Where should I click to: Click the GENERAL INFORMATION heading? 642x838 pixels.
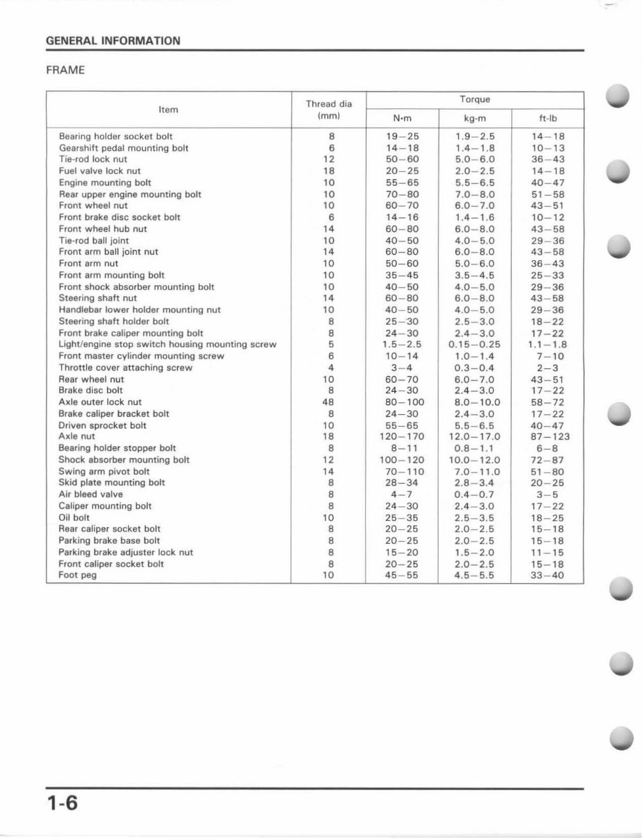coord(112,41)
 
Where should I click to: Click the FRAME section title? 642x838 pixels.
coord(65,71)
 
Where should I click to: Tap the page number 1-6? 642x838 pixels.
coord(63,806)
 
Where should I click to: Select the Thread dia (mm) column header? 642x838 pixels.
coord(329,110)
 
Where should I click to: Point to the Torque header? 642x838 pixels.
coord(474,99)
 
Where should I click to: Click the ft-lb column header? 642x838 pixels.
coord(548,118)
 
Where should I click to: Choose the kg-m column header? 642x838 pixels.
coord(474,118)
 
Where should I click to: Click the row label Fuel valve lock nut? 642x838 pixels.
coord(100,171)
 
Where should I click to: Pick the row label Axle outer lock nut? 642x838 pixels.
coord(100,402)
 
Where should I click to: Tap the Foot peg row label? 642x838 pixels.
coord(78,576)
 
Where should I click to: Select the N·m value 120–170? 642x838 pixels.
coord(403,437)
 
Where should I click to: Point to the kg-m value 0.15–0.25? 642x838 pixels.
coord(474,345)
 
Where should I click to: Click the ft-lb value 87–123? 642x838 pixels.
coord(548,437)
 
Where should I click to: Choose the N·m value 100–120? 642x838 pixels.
coord(403,460)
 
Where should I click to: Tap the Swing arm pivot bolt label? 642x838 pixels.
coord(104,472)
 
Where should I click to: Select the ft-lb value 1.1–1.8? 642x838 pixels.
coord(548,345)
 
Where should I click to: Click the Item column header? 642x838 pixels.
coord(168,110)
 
